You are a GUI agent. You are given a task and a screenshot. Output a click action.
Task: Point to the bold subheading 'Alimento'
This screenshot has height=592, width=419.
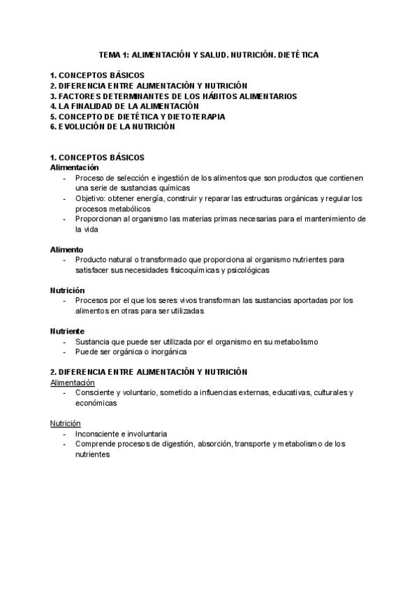[x=66, y=249]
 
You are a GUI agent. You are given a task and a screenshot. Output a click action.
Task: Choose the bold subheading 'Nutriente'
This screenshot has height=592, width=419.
[x=67, y=331]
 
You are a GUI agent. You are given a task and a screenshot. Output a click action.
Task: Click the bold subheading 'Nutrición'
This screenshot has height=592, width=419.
[x=67, y=290]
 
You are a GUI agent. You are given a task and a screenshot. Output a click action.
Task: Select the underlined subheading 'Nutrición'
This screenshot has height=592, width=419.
[x=65, y=423]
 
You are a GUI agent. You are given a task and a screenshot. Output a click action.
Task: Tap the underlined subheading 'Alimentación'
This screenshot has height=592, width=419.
[x=73, y=383]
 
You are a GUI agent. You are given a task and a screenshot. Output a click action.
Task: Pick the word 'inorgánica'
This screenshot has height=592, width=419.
[x=168, y=352]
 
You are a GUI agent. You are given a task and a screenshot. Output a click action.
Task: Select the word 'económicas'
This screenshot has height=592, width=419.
[x=96, y=403]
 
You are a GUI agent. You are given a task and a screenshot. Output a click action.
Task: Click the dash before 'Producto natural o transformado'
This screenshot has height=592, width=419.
[x=64, y=260]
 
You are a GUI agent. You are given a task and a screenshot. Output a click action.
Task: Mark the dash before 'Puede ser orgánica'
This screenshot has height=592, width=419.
[x=64, y=352]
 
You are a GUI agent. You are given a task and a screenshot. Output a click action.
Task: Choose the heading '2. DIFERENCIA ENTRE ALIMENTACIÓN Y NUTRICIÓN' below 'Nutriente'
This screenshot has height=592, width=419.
[x=149, y=372]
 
